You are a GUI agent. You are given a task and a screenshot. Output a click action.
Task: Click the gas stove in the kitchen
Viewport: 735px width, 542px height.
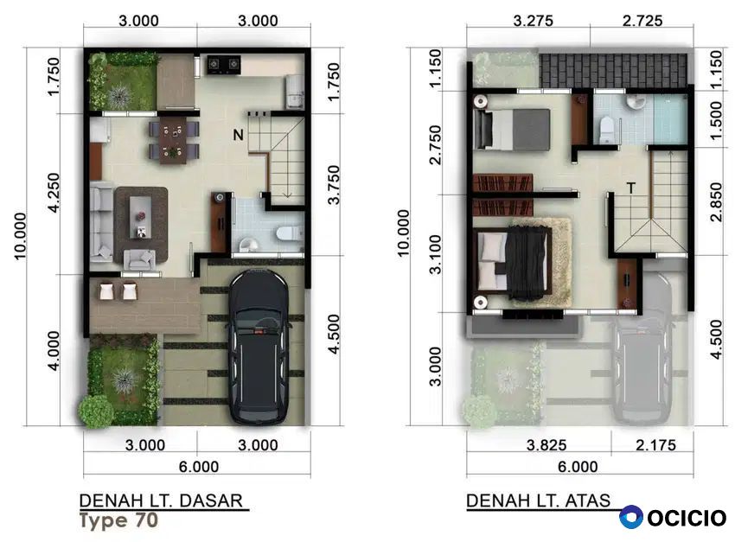[x=224, y=64]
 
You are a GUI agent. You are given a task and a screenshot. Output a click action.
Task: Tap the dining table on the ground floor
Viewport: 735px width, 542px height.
[x=174, y=141]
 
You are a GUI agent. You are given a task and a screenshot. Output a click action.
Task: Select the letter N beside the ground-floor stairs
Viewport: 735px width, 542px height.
[x=238, y=135]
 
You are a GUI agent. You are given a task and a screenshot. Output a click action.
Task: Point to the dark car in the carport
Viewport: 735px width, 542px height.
[x=258, y=346]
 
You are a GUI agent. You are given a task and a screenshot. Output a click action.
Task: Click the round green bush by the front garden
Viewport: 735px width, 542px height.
[x=96, y=412]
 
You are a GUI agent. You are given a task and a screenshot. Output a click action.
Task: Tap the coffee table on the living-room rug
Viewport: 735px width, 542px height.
[x=141, y=219]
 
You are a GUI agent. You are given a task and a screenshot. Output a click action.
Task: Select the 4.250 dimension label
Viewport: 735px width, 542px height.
[x=54, y=193]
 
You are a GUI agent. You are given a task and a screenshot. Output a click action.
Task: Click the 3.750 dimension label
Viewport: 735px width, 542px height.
[x=333, y=185]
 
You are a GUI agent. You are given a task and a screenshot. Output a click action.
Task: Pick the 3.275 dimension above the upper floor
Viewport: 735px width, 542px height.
[x=534, y=21]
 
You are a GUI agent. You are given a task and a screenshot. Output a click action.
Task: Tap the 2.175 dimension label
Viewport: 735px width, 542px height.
[x=655, y=444]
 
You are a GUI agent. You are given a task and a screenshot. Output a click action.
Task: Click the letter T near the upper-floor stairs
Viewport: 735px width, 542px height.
[x=631, y=188]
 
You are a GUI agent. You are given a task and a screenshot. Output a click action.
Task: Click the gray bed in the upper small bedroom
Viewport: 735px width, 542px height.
[x=511, y=130]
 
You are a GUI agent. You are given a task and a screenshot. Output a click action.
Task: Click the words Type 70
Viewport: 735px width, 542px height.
[x=119, y=520]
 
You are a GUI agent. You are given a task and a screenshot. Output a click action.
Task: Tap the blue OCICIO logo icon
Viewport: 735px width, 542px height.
[x=631, y=517]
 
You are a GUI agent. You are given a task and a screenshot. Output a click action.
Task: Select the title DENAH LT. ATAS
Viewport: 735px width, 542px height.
[x=539, y=501]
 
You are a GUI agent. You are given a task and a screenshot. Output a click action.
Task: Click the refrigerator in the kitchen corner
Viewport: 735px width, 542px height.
[x=294, y=92]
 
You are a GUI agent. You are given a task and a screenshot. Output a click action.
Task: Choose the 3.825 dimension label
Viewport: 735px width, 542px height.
[x=546, y=444]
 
